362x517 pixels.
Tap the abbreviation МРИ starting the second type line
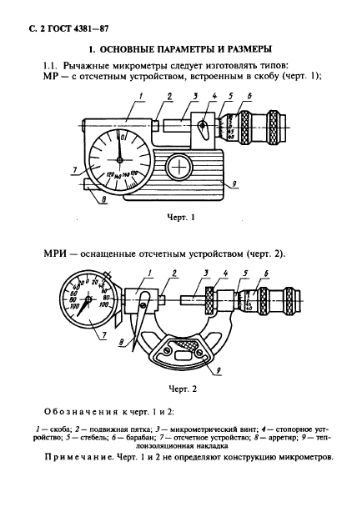57,253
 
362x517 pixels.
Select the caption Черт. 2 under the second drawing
181,389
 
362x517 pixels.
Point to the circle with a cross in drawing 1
179,168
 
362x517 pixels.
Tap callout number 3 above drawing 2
205,274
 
